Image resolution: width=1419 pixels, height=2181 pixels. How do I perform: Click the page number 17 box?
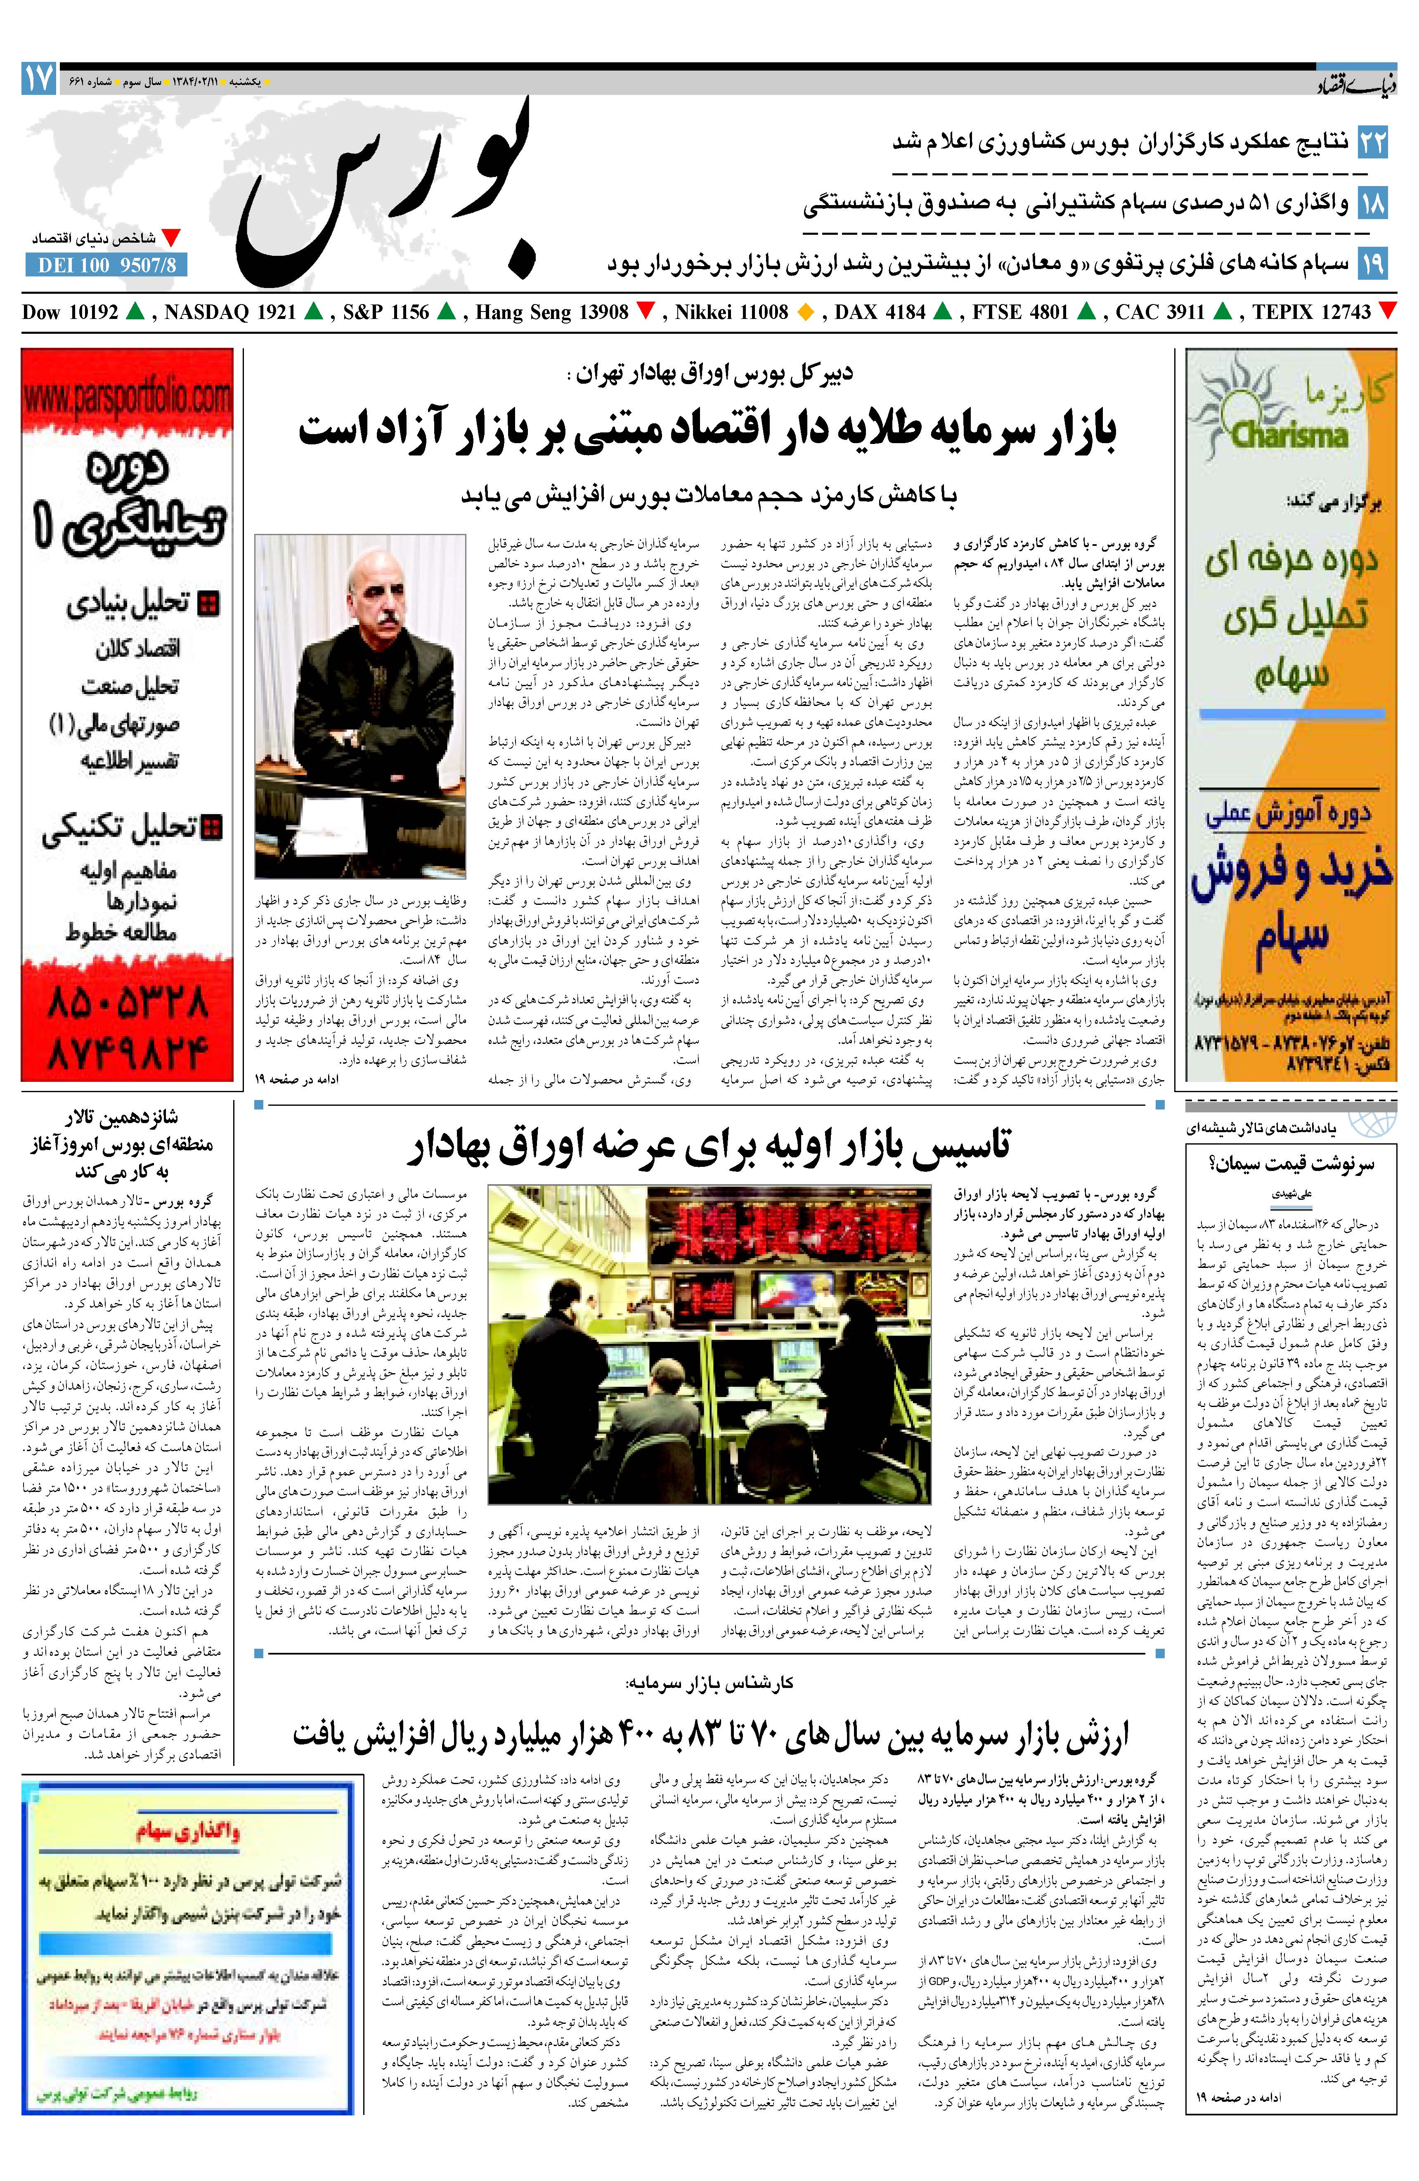click(38, 79)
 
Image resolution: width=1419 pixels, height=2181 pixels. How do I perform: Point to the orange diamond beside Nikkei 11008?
click(806, 312)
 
